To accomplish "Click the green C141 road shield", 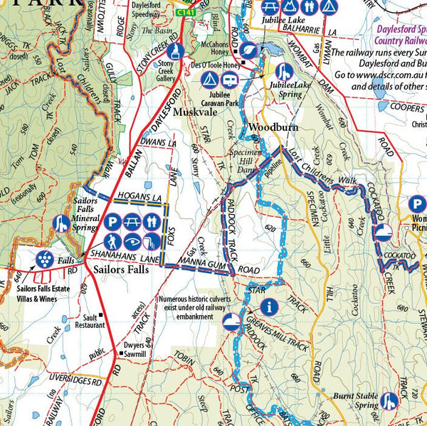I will coord(186,13).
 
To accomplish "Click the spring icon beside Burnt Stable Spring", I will coord(389,402).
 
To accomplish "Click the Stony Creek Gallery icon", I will coord(178,51).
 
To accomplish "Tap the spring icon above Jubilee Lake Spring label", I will coord(284,72).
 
